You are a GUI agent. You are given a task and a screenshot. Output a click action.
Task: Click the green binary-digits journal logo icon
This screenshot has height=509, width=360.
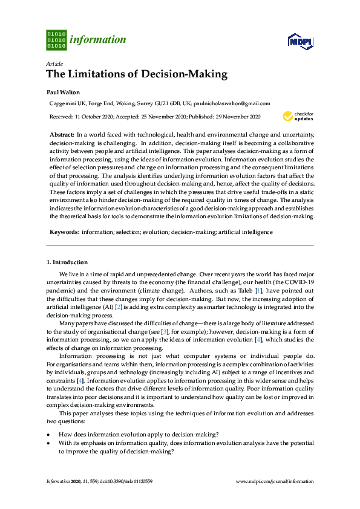point(56,39)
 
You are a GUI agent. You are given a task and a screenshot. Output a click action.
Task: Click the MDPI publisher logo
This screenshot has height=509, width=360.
point(299,41)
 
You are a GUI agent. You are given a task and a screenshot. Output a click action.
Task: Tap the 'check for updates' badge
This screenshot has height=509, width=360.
point(296,116)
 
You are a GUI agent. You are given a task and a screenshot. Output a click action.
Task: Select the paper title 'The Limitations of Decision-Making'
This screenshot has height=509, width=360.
point(137,75)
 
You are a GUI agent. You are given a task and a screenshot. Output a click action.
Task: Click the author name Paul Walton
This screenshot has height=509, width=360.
point(63,92)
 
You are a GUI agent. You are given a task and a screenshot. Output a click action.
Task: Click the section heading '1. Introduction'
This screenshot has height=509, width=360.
point(67,262)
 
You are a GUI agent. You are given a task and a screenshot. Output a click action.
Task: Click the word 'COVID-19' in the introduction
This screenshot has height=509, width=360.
point(301,282)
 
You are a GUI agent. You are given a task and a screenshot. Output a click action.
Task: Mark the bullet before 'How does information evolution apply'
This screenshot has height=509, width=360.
point(48,434)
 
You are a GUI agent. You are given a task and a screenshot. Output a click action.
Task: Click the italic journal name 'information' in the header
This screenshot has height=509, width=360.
point(98,40)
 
